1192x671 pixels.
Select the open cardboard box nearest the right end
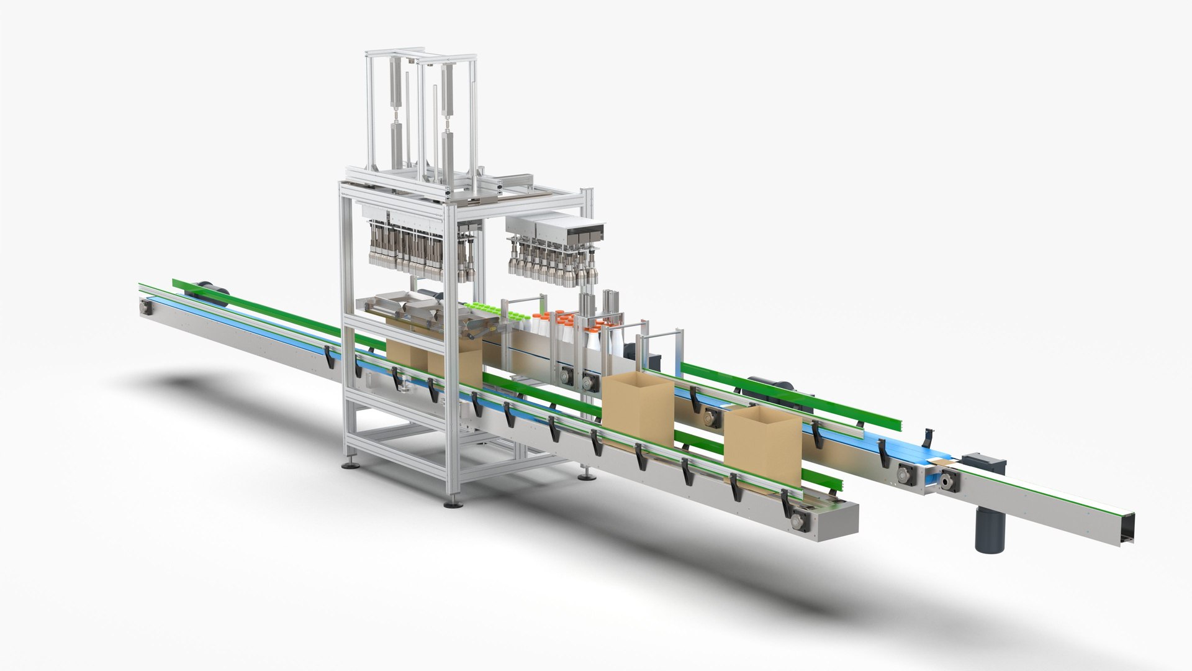pos(762,446)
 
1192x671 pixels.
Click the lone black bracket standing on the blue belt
pos(927,439)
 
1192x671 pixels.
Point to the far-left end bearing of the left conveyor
pos(147,307)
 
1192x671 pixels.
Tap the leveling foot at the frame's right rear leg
pos(585,477)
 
